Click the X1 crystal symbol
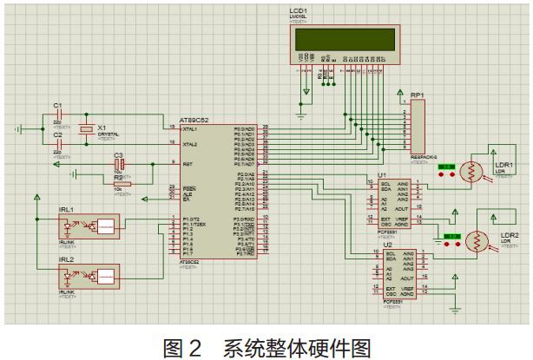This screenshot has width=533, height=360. click(86, 129)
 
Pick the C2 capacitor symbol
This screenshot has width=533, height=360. click(58, 143)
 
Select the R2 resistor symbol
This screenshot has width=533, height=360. click(122, 182)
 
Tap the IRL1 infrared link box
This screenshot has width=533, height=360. click(92, 226)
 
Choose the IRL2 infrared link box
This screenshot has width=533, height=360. click(92, 277)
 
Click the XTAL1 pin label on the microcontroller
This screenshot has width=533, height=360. click(190, 128)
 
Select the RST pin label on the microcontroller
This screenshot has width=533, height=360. click(187, 163)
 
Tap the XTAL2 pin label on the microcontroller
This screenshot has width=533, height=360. click(190, 143)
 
